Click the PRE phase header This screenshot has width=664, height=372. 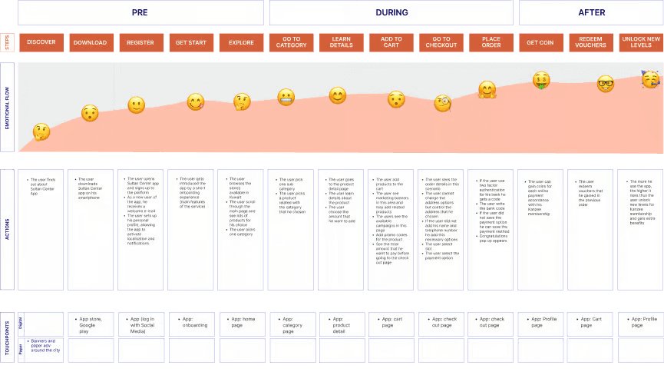tap(140, 12)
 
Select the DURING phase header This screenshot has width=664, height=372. tap(391, 12)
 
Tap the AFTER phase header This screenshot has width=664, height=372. tap(591, 12)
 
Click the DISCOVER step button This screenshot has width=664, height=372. tap(41, 42)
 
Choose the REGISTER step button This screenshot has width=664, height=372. tap(140, 42)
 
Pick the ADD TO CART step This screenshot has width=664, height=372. tap(391, 42)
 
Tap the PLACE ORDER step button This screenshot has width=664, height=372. tap(491, 42)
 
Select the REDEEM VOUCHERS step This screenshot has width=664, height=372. tap(591, 42)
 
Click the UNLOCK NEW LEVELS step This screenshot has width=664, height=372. tap(641, 42)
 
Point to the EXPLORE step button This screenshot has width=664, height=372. tap(240, 42)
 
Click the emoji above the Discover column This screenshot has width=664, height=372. tap(41, 132)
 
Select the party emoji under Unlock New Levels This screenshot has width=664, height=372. tap(650, 79)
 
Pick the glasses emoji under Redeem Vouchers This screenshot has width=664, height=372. tap(606, 85)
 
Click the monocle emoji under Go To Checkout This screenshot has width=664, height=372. tap(443, 102)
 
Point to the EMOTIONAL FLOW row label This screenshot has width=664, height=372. tap(7, 107)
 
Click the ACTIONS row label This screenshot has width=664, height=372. tap(7, 229)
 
